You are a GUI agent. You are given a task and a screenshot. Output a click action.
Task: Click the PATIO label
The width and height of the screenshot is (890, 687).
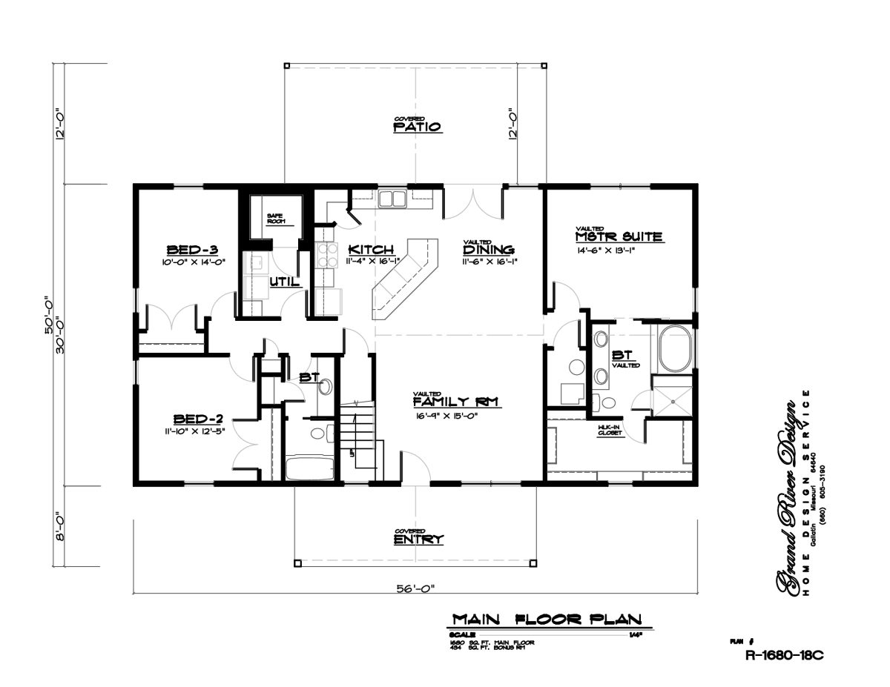(418, 127)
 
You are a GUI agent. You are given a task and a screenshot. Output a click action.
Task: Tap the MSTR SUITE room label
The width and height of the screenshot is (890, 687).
(619, 237)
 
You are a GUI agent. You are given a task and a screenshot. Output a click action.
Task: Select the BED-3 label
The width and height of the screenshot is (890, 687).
(191, 249)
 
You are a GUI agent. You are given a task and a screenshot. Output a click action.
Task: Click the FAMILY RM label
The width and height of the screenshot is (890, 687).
(455, 402)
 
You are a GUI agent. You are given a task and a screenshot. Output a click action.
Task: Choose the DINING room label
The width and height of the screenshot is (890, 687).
(489, 250)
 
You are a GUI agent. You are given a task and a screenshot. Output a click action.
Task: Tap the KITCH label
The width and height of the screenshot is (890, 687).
(370, 250)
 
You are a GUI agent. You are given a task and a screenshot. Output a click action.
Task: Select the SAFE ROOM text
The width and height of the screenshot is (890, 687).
(275, 219)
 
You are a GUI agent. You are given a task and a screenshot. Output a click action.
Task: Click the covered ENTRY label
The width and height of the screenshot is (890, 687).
(419, 539)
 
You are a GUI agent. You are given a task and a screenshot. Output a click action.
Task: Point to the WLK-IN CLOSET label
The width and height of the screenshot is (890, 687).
(609, 431)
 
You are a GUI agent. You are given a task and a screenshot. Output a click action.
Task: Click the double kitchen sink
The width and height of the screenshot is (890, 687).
(391, 199)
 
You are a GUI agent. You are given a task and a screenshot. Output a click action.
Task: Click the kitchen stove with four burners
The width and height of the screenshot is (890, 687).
(327, 255)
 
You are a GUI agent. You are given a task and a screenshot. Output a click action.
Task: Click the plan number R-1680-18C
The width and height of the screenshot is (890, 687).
(785, 655)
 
